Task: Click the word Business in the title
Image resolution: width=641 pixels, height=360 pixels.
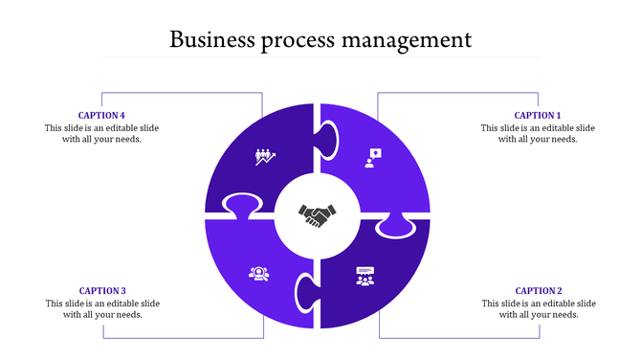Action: click(210, 40)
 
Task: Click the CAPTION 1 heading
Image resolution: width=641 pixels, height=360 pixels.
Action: click(538, 115)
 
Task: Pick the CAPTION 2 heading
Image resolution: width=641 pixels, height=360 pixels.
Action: click(539, 290)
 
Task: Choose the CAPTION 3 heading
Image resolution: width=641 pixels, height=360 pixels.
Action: click(102, 290)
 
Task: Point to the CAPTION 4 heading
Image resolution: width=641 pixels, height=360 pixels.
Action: click(101, 115)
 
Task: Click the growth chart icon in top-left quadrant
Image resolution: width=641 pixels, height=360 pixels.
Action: click(265, 157)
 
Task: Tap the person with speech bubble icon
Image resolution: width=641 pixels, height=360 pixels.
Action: click(373, 157)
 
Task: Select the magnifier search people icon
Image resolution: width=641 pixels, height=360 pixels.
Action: click(257, 274)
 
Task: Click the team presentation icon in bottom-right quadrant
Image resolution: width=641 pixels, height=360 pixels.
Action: click(365, 277)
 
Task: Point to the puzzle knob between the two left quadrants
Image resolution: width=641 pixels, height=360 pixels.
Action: click(242, 205)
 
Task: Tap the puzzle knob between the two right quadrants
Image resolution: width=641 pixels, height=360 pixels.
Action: click(394, 226)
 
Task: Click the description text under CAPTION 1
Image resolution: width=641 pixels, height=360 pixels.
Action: click(538, 133)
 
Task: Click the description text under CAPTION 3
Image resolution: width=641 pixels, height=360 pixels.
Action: click(102, 308)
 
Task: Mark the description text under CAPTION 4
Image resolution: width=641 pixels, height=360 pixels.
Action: click(101, 133)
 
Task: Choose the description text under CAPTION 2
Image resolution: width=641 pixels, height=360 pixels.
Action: click(539, 308)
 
